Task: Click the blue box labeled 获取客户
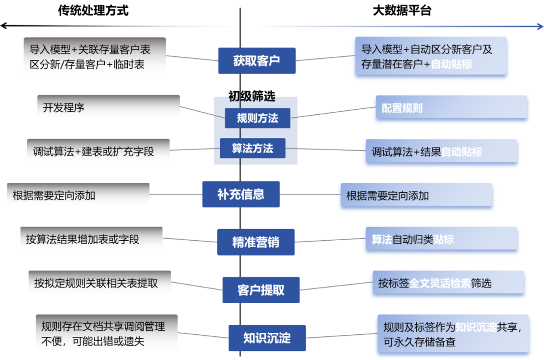click(256, 61)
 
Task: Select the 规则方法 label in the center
click(257, 118)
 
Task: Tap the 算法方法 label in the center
click(252, 149)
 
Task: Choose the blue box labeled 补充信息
click(241, 194)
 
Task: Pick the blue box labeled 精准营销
click(255, 242)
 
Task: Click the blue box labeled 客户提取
click(260, 290)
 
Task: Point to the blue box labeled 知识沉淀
click(267, 338)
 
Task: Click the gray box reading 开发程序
click(108, 107)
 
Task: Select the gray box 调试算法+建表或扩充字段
click(98, 151)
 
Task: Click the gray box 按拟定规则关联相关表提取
click(100, 282)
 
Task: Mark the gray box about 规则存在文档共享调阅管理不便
click(106, 333)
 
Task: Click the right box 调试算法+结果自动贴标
click(441, 152)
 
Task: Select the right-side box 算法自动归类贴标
click(441, 239)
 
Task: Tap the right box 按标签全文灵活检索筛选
click(448, 283)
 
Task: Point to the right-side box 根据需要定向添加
click(415, 195)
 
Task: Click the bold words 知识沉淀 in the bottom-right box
click(475, 327)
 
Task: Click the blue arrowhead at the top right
click(538, 27)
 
